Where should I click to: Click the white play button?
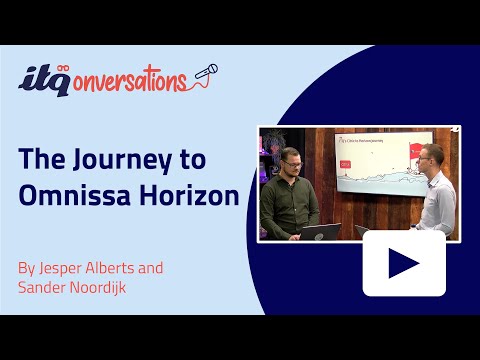click(x=403, y=263)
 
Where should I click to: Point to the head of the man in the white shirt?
click(x=430, y=155)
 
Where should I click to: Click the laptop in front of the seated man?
click(x=320, y=232)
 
